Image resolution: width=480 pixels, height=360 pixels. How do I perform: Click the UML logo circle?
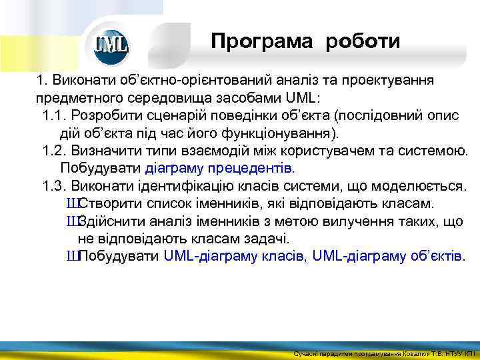point(111,45)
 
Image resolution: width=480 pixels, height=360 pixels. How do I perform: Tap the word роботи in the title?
point(363,42)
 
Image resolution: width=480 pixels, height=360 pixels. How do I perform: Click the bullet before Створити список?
point(72,203)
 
